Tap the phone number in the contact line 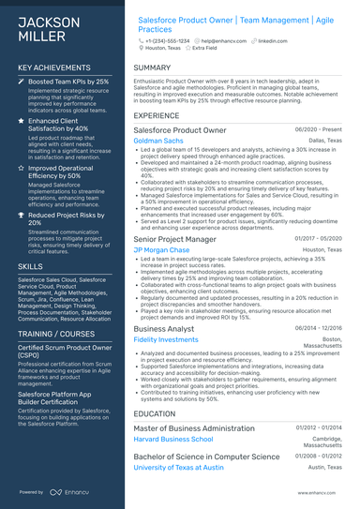168,42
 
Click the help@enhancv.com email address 220,42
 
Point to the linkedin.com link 273,42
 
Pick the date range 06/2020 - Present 319,128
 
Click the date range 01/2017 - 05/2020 319,240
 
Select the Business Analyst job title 164,328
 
